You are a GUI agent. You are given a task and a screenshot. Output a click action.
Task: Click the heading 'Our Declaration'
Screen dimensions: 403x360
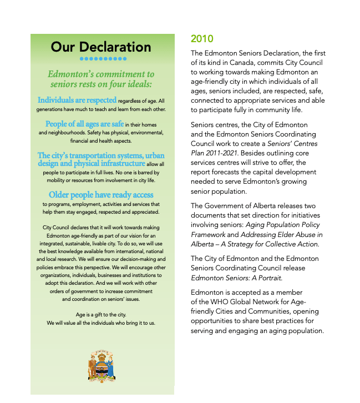pyautogui.click(x=101, y=47)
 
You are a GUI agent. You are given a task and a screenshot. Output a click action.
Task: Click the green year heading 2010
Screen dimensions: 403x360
pyautogui.click(x=202, y=39)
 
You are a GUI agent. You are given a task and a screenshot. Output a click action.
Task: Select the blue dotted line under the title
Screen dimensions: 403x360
pyautogui.click(x=103, y=58)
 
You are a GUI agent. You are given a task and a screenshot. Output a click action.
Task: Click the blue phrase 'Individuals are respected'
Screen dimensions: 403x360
pyautogui.click(x=77, y=100)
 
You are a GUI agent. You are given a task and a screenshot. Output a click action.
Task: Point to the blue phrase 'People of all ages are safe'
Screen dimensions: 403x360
pyautogui.click(x=84, y=124)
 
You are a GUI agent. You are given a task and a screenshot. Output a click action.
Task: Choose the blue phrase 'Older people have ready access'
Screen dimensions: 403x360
pyautogui.click(x=101, y=195)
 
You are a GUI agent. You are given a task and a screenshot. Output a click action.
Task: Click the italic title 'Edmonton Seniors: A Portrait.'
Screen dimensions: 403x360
pyautogui.click(x=237, y=278)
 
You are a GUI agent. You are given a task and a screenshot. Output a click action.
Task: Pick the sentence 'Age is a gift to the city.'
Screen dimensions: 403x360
pyautogui.click(x=101, y=315)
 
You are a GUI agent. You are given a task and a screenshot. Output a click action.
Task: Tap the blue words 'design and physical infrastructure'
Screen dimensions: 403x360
pyautogui.click(x=91, y=163)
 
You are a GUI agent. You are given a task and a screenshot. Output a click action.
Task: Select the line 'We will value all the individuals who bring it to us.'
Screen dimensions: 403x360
pyautogui.click(x=101, y=323)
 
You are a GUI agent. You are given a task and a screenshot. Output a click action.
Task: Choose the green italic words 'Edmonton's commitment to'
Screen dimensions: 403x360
pyautogui.click(x=101, y=74)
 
